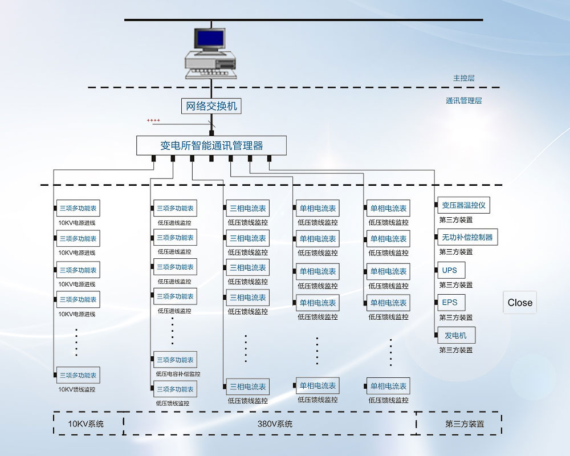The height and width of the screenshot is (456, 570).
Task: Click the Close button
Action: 520,303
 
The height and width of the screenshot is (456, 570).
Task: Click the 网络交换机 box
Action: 211,106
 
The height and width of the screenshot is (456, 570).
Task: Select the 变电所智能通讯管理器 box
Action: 211,145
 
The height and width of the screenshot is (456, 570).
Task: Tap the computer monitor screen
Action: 209,38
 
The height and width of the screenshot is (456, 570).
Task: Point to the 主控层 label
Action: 463,78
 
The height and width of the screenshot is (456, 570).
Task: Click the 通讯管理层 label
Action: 463,101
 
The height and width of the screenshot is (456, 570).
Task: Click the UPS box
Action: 450,270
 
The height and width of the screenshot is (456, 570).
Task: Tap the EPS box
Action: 450,302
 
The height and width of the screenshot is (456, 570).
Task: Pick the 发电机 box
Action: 455,335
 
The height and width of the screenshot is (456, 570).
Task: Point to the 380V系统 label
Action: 275,424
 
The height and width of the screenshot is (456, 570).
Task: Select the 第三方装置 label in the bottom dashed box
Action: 465,424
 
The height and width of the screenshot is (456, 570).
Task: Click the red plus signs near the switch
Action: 153,121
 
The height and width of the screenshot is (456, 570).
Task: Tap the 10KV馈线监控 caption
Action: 77,390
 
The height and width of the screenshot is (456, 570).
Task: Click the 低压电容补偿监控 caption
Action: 178,374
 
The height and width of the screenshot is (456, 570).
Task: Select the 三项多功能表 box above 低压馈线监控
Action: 175,389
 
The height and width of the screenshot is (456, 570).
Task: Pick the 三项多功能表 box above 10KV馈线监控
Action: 78,376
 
